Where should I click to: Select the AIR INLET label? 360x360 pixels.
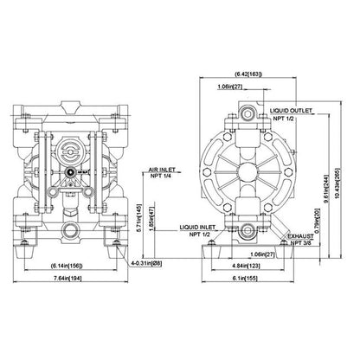pos(164,170)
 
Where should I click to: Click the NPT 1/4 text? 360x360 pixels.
pos(164,177)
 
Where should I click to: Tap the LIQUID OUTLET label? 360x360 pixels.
pos(294,110)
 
